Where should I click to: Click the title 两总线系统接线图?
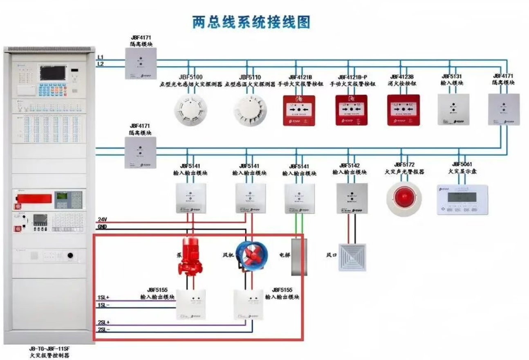251,22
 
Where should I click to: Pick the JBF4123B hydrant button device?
403,110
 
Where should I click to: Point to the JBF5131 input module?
453,109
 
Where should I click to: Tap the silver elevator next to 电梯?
299,257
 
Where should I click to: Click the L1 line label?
101,57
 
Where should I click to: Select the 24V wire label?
102,220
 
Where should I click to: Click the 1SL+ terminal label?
103,297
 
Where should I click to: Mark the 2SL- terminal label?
103,329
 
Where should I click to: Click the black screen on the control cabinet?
52,73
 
